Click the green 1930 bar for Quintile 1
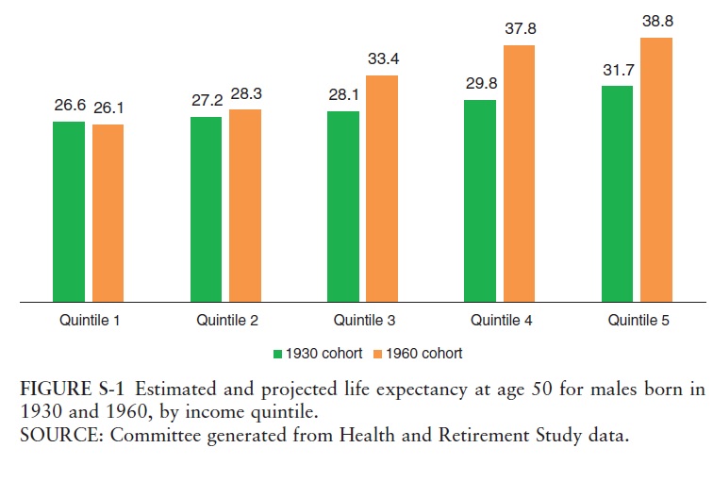coord(69,211)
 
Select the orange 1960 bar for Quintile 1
coord(108,213)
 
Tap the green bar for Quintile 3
coord(343,207)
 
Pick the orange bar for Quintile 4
coord(519,174)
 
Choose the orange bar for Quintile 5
coord(656,170)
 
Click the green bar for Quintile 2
coord(206,209)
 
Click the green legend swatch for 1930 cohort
coord(277,354)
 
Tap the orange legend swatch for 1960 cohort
coord(374,354)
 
